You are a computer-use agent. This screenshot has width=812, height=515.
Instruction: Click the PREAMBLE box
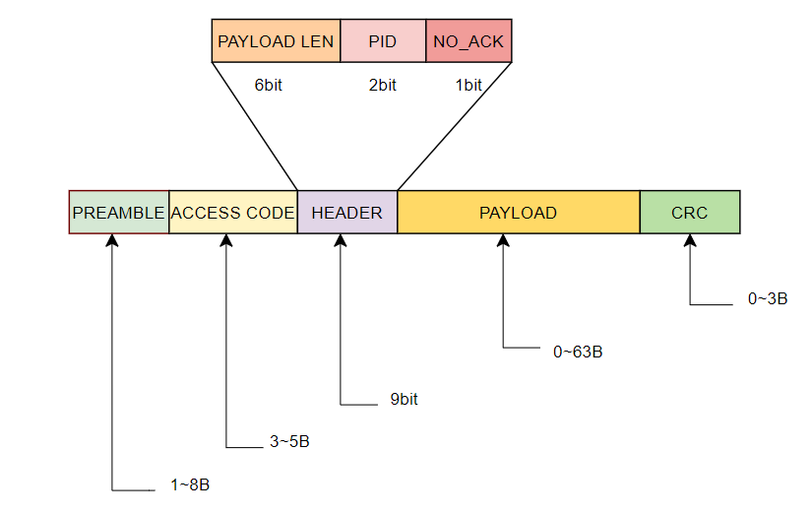pyautogui.click(x=118, y=213)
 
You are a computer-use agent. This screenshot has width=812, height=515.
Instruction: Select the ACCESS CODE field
pyautogui.click(x=232, y=213)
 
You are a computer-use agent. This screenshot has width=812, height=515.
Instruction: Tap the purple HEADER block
pyautogui.click(x=346, y=213)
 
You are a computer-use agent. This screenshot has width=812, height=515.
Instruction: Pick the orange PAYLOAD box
pyautogui.click(x=518, y=213)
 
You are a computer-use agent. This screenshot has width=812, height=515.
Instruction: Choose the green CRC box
pyautogui.click(x=689, y=213)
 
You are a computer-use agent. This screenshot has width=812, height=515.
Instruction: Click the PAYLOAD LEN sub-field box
pyautogui.click(x=276, y=42)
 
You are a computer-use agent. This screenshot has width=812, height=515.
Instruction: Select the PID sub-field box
pyautogui.click(x=382, y=42)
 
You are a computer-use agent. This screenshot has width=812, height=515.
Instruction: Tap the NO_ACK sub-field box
pyautogui.click(x=468, y=42)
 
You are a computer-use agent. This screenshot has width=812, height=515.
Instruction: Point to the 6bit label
pyautogui.click(x=268, y=86)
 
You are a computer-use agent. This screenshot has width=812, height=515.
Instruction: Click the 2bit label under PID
pyautogui.click(x=382, y=86)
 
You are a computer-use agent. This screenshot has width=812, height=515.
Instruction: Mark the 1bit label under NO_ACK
pyautogui.click(x=468, y=86)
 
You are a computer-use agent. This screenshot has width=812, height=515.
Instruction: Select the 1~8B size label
pyautogui.click(x=190, y=485)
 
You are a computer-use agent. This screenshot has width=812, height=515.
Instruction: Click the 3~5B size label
pyautogui.click(x=289, y=442)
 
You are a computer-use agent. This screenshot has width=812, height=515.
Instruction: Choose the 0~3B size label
pyautogui.click(x=768, y=298)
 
